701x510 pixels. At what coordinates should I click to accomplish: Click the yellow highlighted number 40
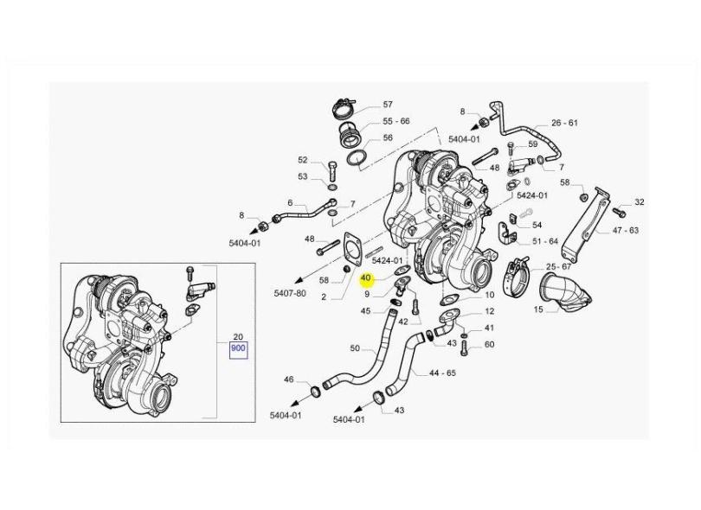(x=366, y=278)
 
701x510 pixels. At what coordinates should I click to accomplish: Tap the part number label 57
(x=388, y=104)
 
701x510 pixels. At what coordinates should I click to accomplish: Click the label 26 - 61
(x=564, y=123)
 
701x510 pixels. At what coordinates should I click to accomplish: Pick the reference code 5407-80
(x=291, y=293)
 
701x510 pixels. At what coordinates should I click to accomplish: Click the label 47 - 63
(x=626, y=231)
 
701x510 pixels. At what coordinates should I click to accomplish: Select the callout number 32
(x=640, y=202)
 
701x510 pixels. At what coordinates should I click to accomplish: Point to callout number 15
(x=538, y=309)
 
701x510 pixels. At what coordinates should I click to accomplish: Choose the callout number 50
(x=355, y=348)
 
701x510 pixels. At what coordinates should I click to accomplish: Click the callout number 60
(x=489, y=344)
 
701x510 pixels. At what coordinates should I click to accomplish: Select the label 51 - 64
(x=545, y=241)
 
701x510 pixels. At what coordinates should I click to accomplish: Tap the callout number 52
(x=303, y=160)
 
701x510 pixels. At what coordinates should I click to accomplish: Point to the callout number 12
(x=490, y=311)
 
